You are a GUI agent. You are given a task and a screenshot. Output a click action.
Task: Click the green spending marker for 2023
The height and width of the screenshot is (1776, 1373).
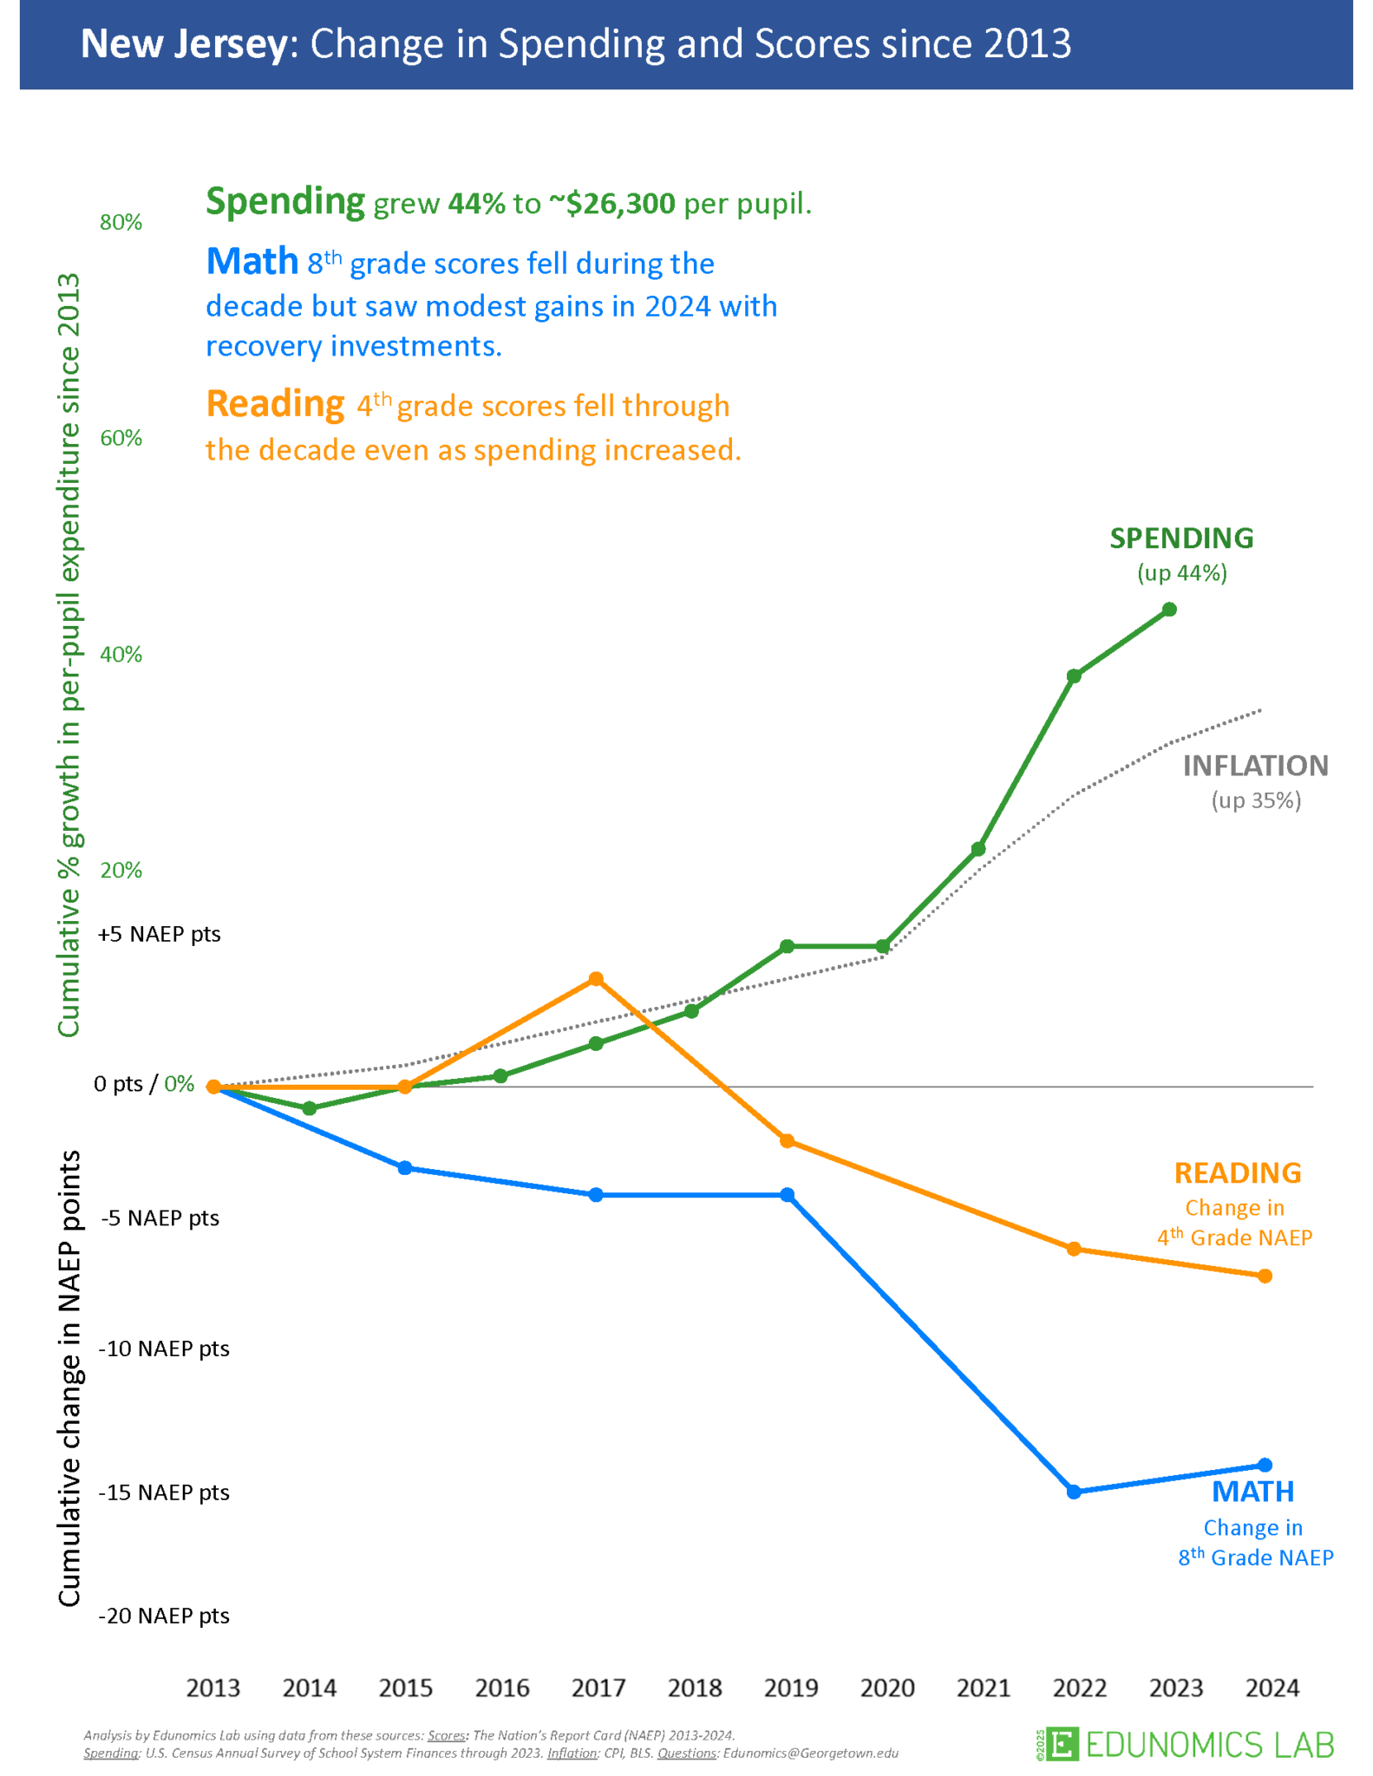pos(1169,610)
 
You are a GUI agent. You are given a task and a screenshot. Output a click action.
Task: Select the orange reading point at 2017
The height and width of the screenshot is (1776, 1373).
pos(596,979)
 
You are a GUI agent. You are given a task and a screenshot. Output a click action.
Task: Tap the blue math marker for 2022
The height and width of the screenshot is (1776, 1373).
pos(1074,1492)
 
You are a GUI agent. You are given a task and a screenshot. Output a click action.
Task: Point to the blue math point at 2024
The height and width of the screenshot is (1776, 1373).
pos(1265,1465)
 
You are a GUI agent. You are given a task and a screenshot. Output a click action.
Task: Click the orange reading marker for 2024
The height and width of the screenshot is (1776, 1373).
pos(1265,1276)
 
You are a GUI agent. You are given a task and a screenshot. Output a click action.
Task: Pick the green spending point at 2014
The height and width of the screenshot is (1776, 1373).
pos(310,1108)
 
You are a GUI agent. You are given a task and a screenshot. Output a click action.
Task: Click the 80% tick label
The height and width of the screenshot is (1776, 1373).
pos(121,223)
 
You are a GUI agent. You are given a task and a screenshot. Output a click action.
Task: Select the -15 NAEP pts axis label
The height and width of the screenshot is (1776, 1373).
pos(164,1492)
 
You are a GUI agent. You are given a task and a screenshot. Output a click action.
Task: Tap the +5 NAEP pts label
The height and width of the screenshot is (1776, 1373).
pos(160,934)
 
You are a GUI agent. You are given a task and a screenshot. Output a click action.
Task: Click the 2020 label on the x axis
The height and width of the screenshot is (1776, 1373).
pos(887,1688)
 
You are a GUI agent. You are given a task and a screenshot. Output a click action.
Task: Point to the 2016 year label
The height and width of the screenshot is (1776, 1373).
pos(502,1688)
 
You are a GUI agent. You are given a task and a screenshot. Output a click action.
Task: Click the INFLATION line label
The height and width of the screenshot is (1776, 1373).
pos(1255,765)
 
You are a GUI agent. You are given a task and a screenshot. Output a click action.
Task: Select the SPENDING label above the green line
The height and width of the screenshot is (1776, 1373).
pos(1181,538)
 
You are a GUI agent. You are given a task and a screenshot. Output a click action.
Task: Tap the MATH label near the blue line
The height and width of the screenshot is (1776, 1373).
pos(1252,1491)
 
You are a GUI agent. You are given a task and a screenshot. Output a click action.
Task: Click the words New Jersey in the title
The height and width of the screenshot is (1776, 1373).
pos(183,44)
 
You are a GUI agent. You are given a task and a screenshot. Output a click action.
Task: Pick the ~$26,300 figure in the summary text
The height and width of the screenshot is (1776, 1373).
pos(611,204)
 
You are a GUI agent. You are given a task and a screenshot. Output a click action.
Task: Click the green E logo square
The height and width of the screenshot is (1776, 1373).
pos(1062,1743)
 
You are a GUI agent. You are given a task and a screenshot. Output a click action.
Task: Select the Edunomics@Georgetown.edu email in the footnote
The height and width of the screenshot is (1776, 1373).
pos(810,1753)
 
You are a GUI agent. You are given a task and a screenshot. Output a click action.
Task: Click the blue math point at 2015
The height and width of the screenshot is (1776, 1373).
pos(405,1168)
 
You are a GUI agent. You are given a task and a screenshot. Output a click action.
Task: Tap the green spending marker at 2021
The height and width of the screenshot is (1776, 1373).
pos(978,849)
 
